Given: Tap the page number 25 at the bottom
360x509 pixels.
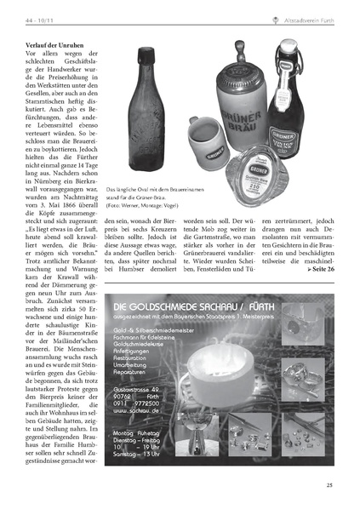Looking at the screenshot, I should [x=329, y=485].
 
